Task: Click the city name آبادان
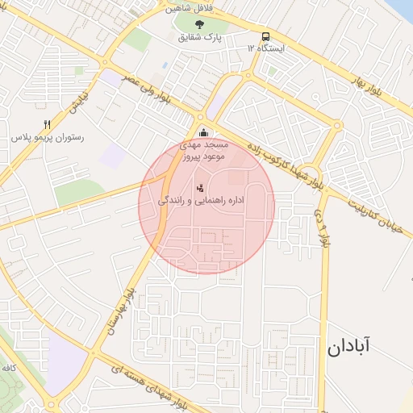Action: click(348, 348)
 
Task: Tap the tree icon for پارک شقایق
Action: click(199, 24)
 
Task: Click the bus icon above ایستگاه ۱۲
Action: click(265, 36)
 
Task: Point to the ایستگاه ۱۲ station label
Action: click(265, 48)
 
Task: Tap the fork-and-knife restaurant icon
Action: click(47, 124)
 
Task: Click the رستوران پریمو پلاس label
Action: click(48, 138)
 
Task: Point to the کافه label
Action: click(10, 367)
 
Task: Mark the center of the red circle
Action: click(206, 205)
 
